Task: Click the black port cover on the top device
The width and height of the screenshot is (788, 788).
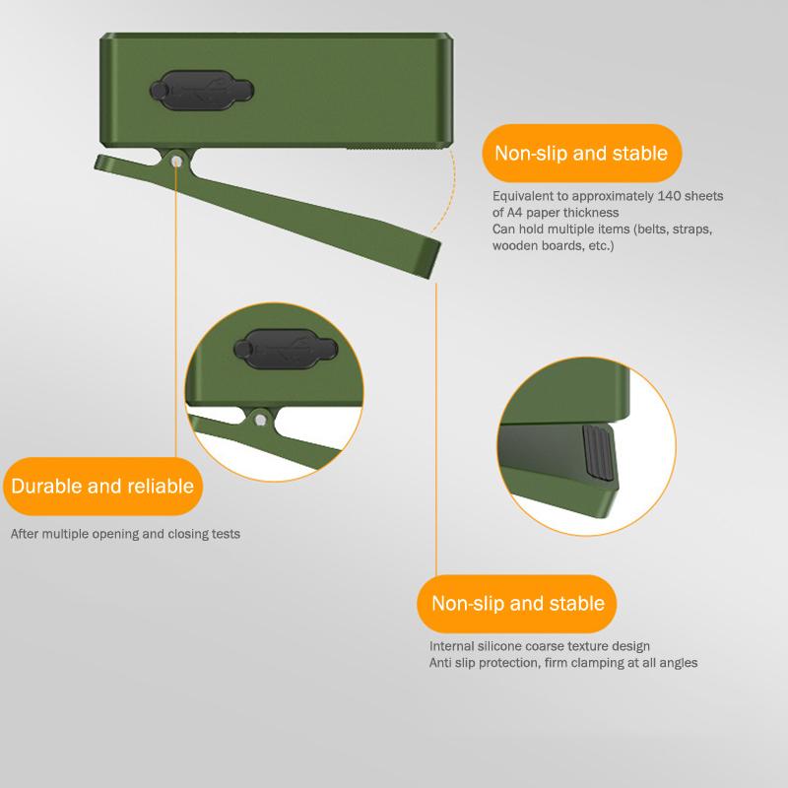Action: point(202,91)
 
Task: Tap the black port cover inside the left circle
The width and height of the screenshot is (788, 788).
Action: point(286,350)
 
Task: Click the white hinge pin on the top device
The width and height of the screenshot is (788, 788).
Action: point(176,162)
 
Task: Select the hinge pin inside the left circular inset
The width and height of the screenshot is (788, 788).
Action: point(260,421)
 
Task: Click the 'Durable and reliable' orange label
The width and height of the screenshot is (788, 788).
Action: point(102,486)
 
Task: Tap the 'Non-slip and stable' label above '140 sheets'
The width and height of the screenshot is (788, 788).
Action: point(581,153)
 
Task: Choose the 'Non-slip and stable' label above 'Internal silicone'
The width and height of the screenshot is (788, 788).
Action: point(517,603)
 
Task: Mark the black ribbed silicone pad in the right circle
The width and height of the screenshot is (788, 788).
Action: point(598,452)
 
